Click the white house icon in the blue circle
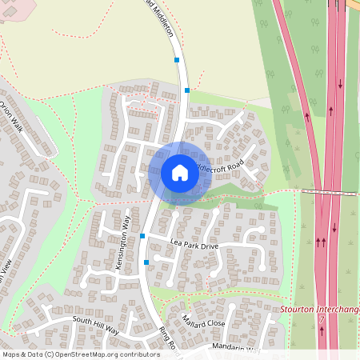tap(179, 172)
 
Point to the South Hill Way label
tap(95, 325)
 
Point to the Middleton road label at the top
tap(161, 10)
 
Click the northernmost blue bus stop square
tap(177, 59)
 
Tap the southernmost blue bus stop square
tap(146, 262)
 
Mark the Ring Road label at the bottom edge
tap(166, 339)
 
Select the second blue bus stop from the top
tap(186, 90)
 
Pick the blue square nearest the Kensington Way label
tap(142, 236)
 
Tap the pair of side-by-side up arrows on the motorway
tap(321, 239)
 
